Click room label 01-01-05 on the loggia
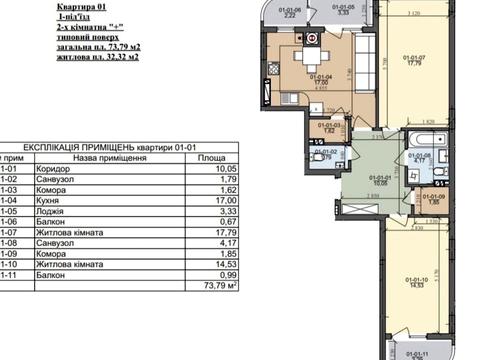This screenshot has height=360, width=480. coord(342,11)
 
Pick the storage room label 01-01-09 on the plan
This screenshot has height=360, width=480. coord(433,196)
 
